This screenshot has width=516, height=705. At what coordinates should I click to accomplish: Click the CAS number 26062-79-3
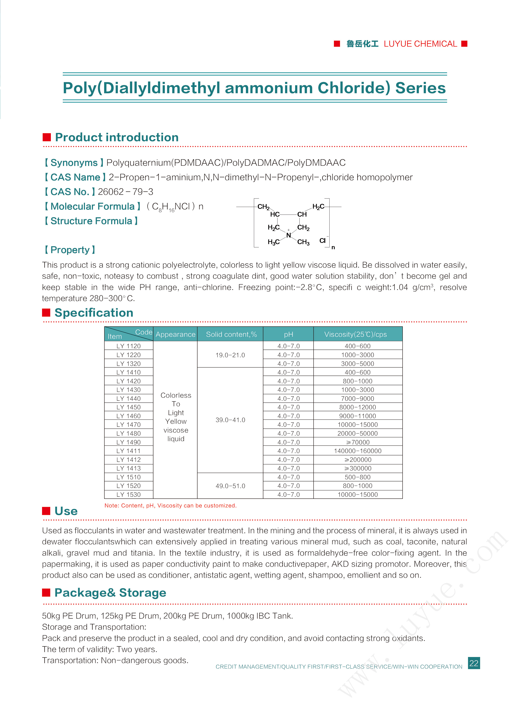click(x=126, y=192)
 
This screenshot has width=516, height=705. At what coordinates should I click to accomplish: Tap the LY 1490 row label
click(x=128, y=442)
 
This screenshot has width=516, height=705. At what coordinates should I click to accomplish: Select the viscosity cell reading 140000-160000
click(x=358, y=451)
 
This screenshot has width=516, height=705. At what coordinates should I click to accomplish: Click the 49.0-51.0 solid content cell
click(x=230, y=486)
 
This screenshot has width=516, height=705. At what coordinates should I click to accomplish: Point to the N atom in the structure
click(x=288, y=235)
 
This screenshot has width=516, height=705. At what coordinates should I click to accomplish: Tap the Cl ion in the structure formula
click(x=322, y=241)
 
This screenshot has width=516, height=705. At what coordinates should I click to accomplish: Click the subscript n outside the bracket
click(x=333, y=247)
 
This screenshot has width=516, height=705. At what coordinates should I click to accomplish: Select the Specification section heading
click(x=94, y=313)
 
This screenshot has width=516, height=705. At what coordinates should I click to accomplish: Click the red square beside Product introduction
click(x=47, y=137)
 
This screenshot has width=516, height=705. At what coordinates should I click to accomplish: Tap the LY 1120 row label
click(x=128, y=346)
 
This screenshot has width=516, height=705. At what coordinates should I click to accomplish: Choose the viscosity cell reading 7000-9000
click(x=358, y=398)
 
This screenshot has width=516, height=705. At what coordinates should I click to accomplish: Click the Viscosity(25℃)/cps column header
click(x=355, y=334)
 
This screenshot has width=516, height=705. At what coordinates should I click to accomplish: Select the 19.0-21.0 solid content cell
click(x=230, y=355)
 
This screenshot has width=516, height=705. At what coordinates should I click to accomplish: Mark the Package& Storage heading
click(x=110, y=593)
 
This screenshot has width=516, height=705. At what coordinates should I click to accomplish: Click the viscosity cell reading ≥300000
click(x=358, y=468)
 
